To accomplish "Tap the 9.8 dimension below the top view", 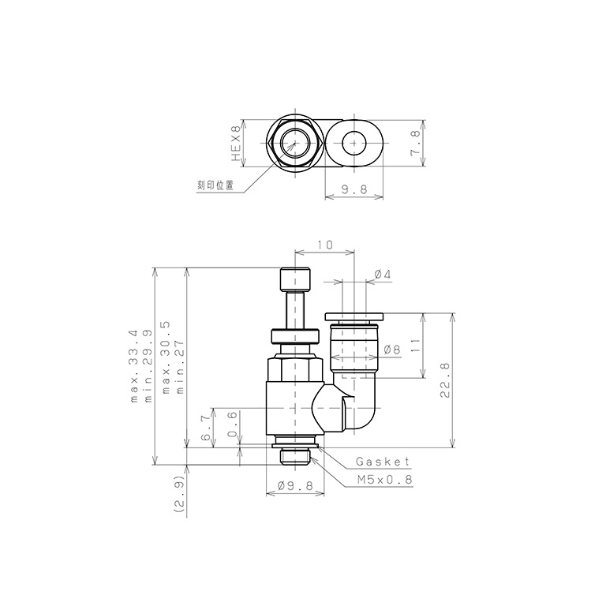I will tap(354, 189).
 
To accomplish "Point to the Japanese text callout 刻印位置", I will tap(215, 186).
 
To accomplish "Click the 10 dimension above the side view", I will tap(324, 245).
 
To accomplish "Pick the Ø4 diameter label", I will tap(382, 274).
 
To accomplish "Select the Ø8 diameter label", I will tap(392, 349).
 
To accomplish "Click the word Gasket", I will tap(383, 462).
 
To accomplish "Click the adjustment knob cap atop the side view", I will tap(295, 280).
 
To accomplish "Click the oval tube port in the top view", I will tap(355, 144).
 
